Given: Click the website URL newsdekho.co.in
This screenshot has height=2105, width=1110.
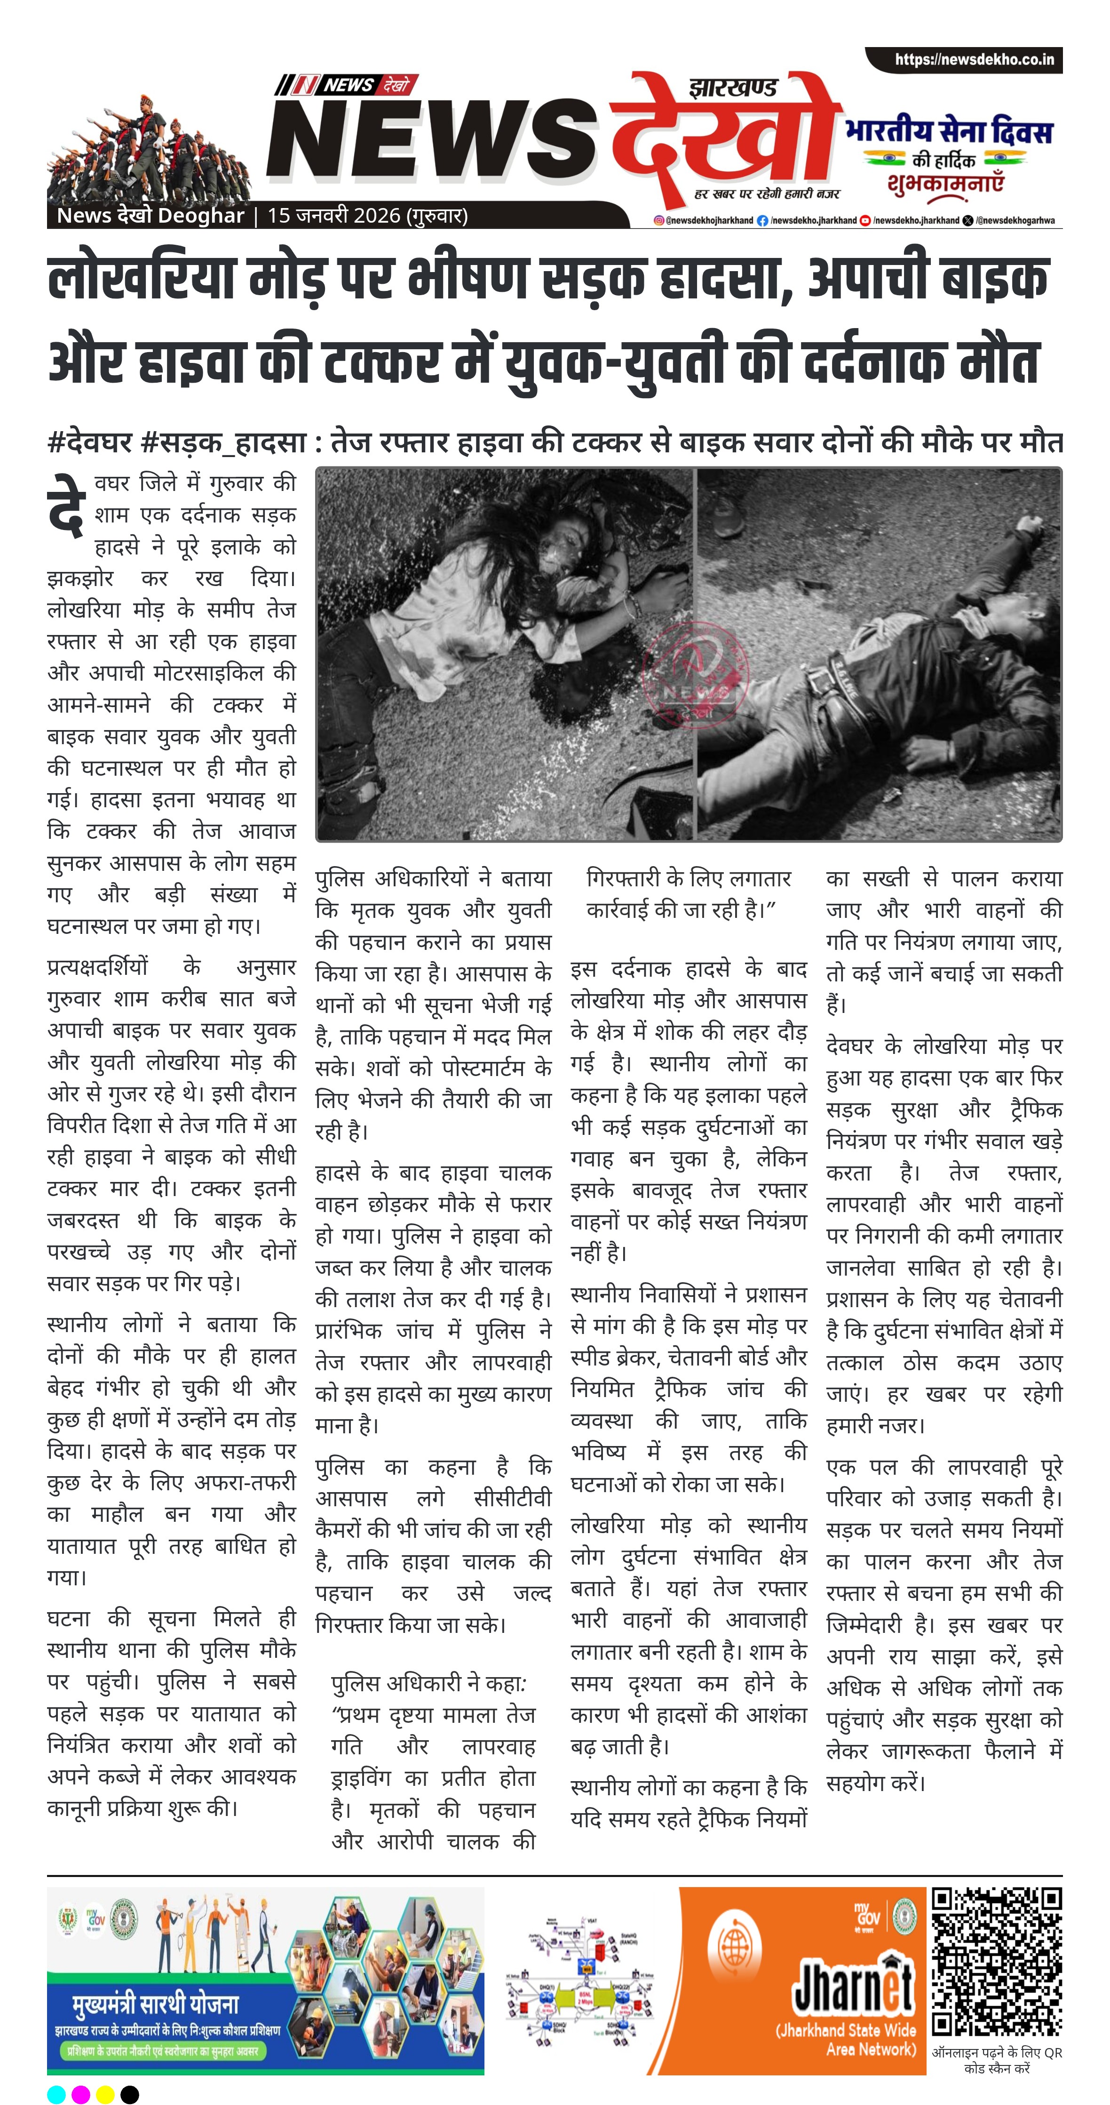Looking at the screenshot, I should click(974, 60).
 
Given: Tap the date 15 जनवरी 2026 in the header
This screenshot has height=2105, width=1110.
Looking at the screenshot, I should click(367, 216).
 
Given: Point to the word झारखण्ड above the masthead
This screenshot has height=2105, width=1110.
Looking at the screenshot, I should click(733, 88).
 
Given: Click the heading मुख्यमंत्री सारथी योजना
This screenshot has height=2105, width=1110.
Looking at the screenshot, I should click(155, 2004).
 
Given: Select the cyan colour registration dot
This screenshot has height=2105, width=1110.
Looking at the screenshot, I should click(56, 2094).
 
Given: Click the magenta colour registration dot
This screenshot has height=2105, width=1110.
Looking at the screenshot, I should click(81, 2094).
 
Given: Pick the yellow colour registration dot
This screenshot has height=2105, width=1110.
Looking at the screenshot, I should click(105, 2094).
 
